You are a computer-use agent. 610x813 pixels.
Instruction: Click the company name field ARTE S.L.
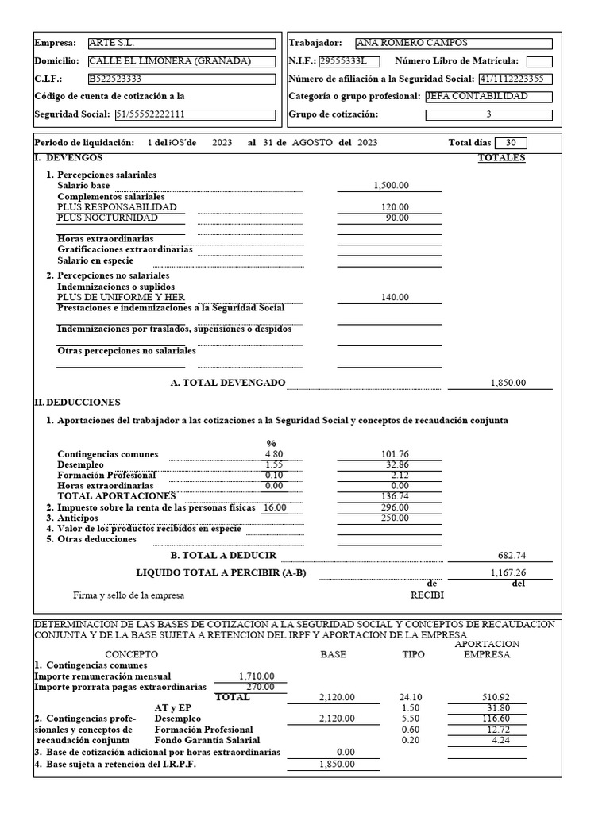coord(181,44)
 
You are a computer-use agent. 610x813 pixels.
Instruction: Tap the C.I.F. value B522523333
coord(181,79)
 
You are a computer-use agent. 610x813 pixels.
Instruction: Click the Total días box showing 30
coord(511,143)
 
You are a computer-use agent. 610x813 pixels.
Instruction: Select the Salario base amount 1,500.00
coord(391,185)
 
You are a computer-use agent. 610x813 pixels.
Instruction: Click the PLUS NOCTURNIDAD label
coord(107,218)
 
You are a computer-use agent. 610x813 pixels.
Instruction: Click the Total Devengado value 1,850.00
coord(508,383)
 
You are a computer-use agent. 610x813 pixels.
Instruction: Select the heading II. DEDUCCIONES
coord(78,403)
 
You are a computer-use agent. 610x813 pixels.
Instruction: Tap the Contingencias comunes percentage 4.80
coord(274,454)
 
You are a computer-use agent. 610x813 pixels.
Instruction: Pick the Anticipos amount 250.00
coord(395,518)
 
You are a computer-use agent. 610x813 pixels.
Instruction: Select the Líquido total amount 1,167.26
coord(508,572)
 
